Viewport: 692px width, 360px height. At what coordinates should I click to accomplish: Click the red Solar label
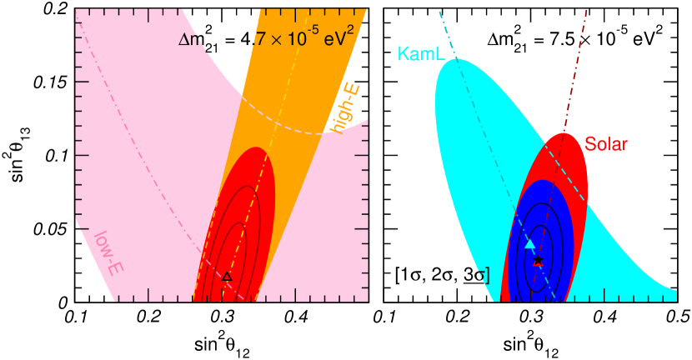(x=606, y=143)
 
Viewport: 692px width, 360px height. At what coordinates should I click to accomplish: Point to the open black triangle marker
(x=227, y=276)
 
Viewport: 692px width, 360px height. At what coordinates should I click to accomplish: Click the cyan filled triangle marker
(x=529, y=243)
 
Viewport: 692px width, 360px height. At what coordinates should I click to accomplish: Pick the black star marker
(x=538, y=261)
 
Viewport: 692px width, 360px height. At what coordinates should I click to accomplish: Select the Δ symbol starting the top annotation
(x=184, y=38)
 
